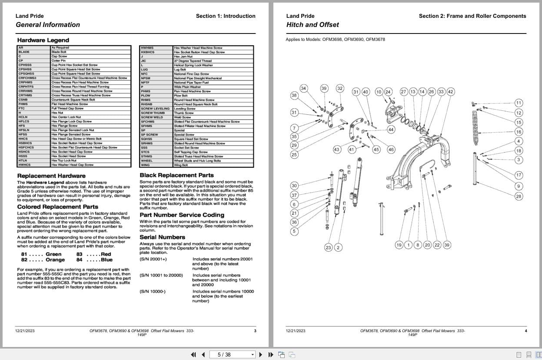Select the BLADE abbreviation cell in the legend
point(24,52)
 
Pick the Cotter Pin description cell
point(59,60)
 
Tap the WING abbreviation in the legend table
point(145,165)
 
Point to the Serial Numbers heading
point(162,237)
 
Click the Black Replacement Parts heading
point(176,175)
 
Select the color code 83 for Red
point(80,254)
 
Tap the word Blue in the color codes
point(106,260)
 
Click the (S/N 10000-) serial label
point(153,291)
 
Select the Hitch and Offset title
point(312,25)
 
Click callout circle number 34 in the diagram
point(303,89)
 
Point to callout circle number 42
point(450,92)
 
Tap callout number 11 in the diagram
point(519,103)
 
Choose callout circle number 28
point(519,197)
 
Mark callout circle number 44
point(391,130)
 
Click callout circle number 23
point(328,247)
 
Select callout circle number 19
point(399,245)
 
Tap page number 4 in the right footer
point(525,331)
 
